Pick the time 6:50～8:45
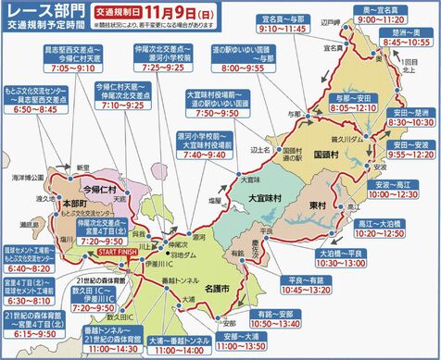point(35,108)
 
